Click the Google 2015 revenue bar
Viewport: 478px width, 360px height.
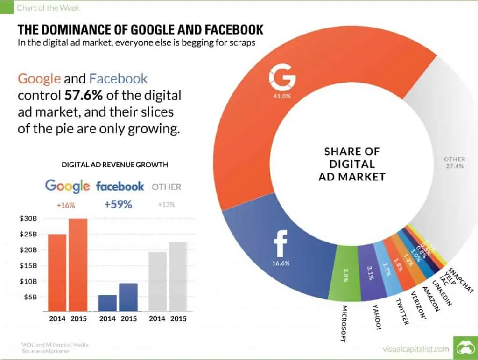tap(78, 264)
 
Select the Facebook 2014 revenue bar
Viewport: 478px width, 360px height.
tap(107, 303)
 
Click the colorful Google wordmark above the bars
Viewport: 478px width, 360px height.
tap(67, 187)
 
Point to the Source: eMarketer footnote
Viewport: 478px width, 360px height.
tap(45, 351)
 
